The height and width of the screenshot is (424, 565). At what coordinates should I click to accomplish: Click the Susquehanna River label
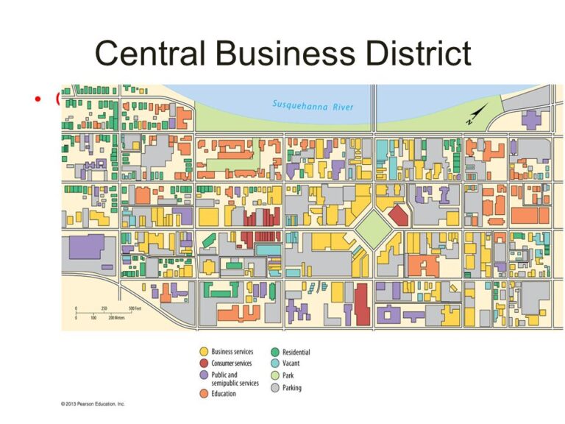click(x=313, y=105)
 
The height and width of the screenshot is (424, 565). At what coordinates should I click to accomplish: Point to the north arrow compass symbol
click(x=475, y=114)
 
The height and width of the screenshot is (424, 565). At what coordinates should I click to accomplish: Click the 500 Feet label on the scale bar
click(x=135, y=309)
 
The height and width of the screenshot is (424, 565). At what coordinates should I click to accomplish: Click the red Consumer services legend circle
click(x=203, y=364)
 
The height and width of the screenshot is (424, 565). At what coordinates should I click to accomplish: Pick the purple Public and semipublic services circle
click(x=203, y=375)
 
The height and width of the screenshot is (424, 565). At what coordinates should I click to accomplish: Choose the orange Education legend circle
click(x=203, y=394)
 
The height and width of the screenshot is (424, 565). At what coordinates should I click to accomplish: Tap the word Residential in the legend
click(x=296, y=353)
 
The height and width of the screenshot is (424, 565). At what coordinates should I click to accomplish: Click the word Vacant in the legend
click(x=291, y=364)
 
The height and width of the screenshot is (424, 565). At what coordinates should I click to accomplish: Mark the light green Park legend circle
click(x=274, y=375)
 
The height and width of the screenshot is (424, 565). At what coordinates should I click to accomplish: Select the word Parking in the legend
click(x=291, y=388)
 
